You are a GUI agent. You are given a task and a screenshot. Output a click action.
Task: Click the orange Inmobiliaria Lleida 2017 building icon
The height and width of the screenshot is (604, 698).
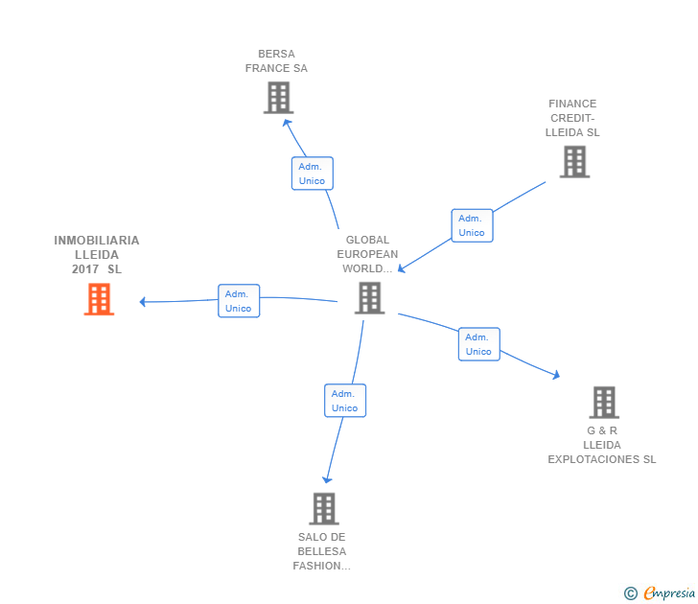(x=99, y=299)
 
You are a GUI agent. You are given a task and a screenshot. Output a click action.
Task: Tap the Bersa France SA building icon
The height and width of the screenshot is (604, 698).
(x=277, y=98)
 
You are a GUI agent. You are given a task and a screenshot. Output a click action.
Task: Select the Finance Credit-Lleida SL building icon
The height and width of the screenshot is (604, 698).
(x=573, y=162)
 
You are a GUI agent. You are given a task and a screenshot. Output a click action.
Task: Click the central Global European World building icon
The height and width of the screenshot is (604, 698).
(x=369, y=298)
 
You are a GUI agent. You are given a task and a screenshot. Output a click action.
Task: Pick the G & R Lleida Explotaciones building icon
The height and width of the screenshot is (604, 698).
(x=603, y=403)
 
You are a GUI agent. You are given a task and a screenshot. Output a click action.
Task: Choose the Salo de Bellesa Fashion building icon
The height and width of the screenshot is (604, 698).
(x=324, y=508)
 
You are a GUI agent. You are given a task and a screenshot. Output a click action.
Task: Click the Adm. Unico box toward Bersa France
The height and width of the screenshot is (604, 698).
(x=312, y=174)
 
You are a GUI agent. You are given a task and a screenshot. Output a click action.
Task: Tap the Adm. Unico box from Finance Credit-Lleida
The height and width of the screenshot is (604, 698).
(x=472, y=225)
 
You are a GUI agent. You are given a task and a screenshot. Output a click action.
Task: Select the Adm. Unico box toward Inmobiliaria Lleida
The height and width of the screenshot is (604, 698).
(x=239, y=301)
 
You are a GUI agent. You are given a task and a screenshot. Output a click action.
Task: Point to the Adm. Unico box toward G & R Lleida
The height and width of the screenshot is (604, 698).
(x=478, y=344)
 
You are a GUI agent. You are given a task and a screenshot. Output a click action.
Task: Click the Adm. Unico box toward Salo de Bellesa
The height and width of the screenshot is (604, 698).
(x=345, y=401)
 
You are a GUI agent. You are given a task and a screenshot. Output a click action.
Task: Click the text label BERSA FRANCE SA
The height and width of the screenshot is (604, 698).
(x=276, y=61)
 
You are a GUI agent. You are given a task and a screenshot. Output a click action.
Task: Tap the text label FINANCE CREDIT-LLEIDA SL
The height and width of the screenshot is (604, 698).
(x=572, y=118)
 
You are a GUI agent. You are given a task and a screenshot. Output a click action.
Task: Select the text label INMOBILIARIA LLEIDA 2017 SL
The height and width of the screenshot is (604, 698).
(x=97, y=255)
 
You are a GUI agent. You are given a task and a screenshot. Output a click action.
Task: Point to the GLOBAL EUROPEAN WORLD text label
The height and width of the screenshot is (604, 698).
(x=368, y=254)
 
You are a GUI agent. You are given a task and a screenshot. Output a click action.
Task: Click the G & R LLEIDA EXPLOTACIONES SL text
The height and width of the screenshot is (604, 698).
(x=602, y=445)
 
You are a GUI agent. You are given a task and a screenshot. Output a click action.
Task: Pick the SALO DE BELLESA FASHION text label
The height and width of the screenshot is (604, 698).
(x=322, y=551)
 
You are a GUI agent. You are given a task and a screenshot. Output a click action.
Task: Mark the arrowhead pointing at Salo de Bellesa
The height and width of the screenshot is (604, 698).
(x=327, y=478)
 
